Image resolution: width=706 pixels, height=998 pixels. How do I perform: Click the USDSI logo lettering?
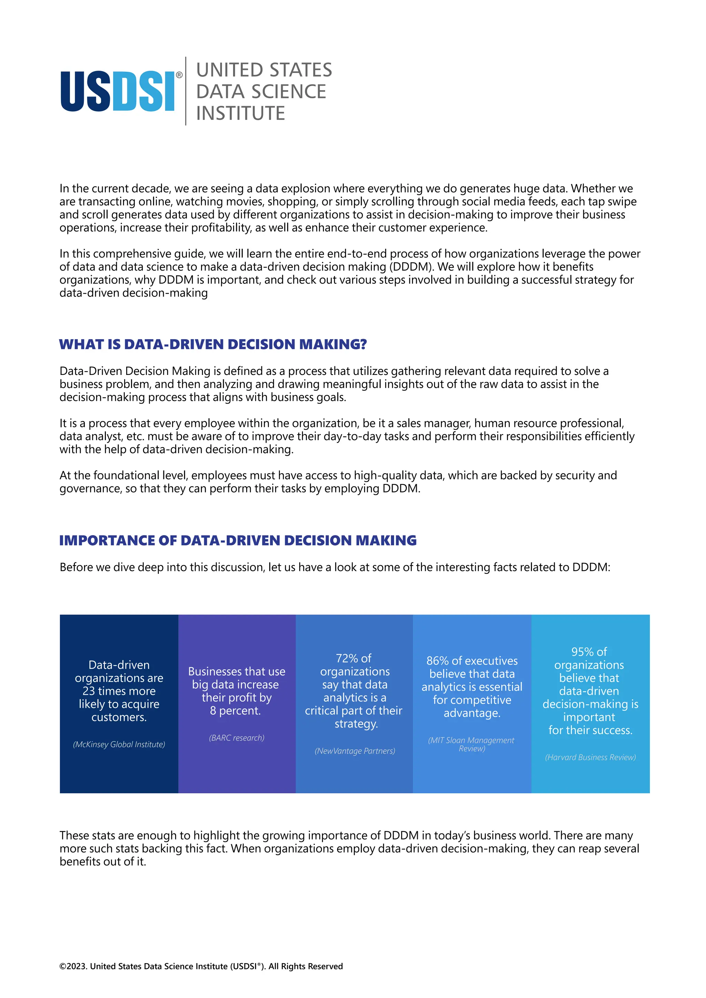point(117,91)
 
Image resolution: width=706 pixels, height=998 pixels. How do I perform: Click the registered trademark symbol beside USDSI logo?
point(179,75)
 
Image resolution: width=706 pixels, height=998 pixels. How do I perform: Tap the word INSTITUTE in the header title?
point(240,113)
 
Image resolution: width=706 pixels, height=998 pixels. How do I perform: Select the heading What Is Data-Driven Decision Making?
point(213,344)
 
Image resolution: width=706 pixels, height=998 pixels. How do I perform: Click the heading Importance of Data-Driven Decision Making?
point(238,540)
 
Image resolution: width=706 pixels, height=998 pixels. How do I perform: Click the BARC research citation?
point(236,737)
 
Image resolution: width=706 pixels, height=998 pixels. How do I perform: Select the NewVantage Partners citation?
point(355,751)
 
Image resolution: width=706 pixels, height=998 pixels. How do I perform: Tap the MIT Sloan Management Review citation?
point(471,744)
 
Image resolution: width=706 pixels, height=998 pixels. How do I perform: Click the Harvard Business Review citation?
point(590,757)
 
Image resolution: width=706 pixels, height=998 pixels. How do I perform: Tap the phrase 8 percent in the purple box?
point(235,711)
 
